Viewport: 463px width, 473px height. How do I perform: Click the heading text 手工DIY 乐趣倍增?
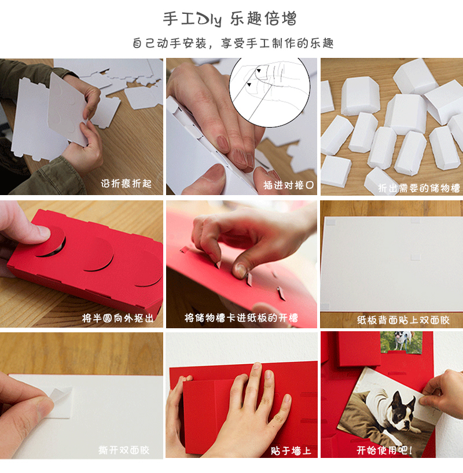coord(230,19)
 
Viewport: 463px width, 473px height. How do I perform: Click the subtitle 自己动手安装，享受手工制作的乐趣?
coord(233,43)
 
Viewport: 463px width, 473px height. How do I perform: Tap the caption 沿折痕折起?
coord(126,183)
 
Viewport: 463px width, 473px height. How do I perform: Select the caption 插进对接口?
coord(288,185)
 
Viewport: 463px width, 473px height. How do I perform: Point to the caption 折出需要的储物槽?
coord(418,188)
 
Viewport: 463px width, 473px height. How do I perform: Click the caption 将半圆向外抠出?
coord(117,318)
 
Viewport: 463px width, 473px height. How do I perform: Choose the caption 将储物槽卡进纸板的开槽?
coord(241,318)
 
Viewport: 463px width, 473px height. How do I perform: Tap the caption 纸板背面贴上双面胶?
coord(403,320)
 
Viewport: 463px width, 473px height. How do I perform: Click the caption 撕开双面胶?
coord(124,450)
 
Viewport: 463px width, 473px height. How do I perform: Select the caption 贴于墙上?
coord(291,450)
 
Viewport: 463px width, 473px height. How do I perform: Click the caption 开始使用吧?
coord(384,450)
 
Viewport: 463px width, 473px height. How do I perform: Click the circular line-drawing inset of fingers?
coord(269,92)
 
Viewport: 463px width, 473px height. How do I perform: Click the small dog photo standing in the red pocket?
coord(401,342)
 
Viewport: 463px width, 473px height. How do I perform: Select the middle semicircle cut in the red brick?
coord(98,256)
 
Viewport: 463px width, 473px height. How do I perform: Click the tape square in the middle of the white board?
coord(416,256)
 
